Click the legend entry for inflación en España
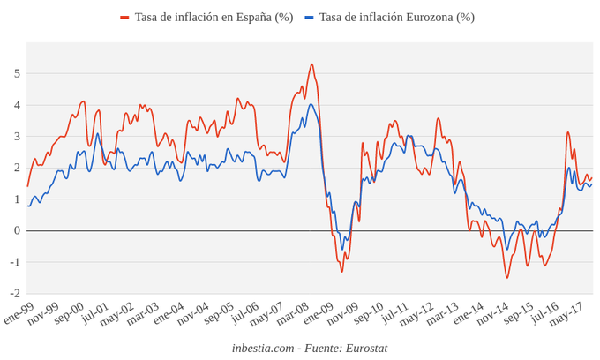214,18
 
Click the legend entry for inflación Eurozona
396,18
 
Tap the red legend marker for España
124,18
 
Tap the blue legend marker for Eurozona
309,18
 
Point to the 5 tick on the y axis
16,73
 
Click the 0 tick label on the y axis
16,231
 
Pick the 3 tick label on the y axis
16,137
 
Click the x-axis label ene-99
19,312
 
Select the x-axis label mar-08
293,312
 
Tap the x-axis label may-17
566,312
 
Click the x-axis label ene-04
169,312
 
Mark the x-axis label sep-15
518,312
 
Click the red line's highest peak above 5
311,64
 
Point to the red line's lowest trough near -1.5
507,278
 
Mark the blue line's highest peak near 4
311,104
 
